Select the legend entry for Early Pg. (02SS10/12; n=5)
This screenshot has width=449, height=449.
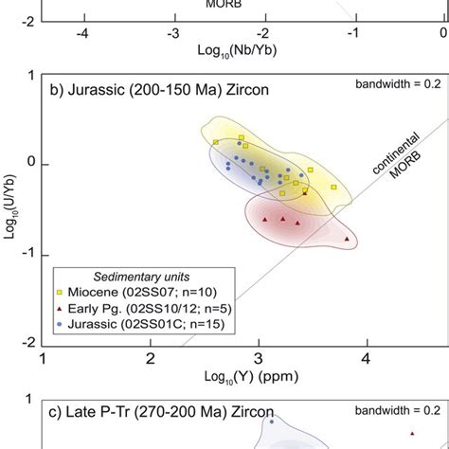tap(124, 309)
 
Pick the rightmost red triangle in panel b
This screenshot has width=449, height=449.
tap(348, 240)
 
